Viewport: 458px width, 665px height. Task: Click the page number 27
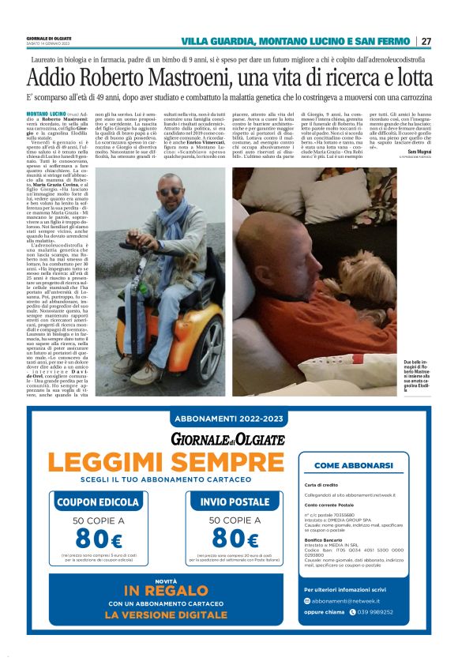426,41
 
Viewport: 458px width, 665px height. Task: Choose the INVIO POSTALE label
235,501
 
